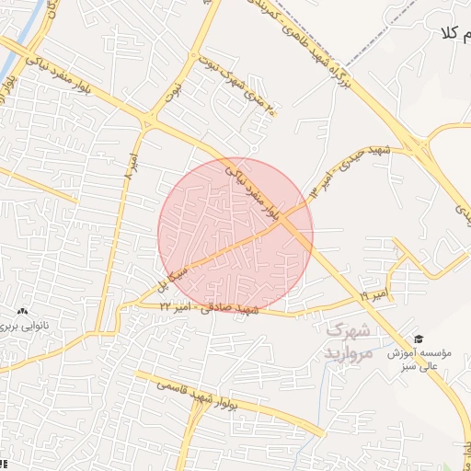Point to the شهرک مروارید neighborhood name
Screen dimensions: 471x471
tap(348, 341)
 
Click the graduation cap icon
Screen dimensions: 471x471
tap(419, 339)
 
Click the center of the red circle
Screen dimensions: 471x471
tap(235, 235)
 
